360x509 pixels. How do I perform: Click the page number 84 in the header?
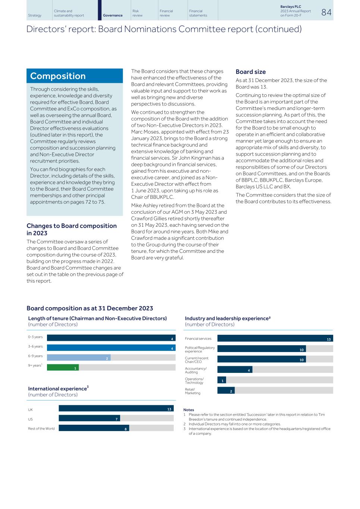point(326,12)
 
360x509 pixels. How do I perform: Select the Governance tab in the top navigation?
point(113,15)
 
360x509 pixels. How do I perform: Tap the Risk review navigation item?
point(138,13)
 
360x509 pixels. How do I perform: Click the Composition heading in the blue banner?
point(58,76)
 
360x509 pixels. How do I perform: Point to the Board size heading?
point(251,72)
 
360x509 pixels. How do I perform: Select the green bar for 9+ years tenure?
point(63,367)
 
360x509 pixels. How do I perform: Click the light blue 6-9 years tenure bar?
point(79,358)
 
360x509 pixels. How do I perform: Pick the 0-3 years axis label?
point(35,337)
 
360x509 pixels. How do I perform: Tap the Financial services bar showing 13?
point(275,339)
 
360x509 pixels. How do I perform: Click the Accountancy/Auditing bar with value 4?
point(235,370)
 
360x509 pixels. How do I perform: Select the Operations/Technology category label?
point(194,381)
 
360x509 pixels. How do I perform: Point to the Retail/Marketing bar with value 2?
point(226,390)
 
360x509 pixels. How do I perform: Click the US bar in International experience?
point(89,418)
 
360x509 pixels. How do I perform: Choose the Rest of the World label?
point(41,428)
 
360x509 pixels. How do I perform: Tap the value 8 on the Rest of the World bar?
point(126,428)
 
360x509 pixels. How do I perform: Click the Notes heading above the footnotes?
point(189,410)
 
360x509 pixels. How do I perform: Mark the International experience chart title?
point(58,389)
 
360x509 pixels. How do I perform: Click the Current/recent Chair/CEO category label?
point(197,360)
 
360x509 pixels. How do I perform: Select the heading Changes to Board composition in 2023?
point(72,229)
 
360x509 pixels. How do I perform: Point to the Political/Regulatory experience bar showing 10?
point(262,349)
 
